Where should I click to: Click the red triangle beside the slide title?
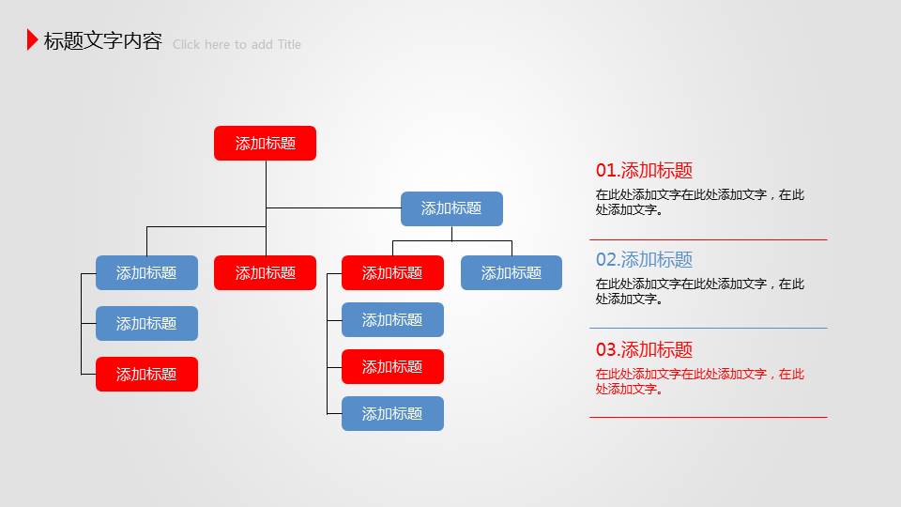tap(33, 39)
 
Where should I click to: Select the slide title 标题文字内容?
tap(102, 41)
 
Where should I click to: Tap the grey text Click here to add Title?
tap(237, 44)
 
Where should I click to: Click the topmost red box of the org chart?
tap(265, 144)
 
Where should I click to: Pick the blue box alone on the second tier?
tap(451, 208)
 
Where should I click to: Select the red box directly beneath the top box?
tap(265, 273)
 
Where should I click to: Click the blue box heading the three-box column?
tap(146, 273)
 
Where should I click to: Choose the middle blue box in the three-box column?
tap(146, 324)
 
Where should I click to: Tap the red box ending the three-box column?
tap(146, 375)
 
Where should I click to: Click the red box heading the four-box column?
tap(392, 273)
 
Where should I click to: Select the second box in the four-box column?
tap(392, 320)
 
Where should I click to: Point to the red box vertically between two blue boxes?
tap(392, 367)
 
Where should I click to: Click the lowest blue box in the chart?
tap(392, 414)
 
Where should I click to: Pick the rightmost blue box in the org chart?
tap(512, 273)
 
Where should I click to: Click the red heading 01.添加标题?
tap(644, 171)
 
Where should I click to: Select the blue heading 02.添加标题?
tap(644, 260)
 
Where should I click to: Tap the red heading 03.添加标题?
tap(644, 350)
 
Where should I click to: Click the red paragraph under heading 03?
tap(699, 381)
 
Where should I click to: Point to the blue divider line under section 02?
tap(708, 328)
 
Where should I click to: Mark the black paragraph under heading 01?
tap(699, 203)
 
